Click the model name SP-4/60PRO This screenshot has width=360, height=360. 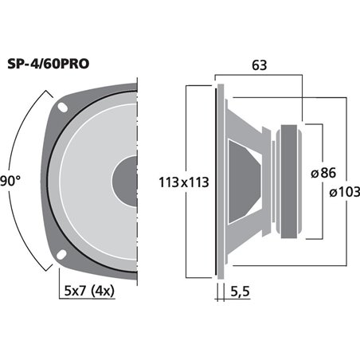click(x=49, y=64)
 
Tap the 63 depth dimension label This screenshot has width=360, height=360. click(x=259, y=65)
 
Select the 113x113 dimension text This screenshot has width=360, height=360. click(x=184, y=182)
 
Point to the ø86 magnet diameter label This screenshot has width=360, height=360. click(x=323, y=173)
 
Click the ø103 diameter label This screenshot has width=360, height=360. click(x=345, y=192)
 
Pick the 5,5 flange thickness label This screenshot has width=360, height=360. click(x=240, y=292)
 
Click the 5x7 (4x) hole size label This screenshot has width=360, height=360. click(x=89, y=291)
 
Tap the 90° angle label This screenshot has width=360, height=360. click(x=10, y=182)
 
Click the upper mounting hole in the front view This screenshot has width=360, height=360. click(x=63, y=108)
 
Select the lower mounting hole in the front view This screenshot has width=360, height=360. click(x=61, y=254)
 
